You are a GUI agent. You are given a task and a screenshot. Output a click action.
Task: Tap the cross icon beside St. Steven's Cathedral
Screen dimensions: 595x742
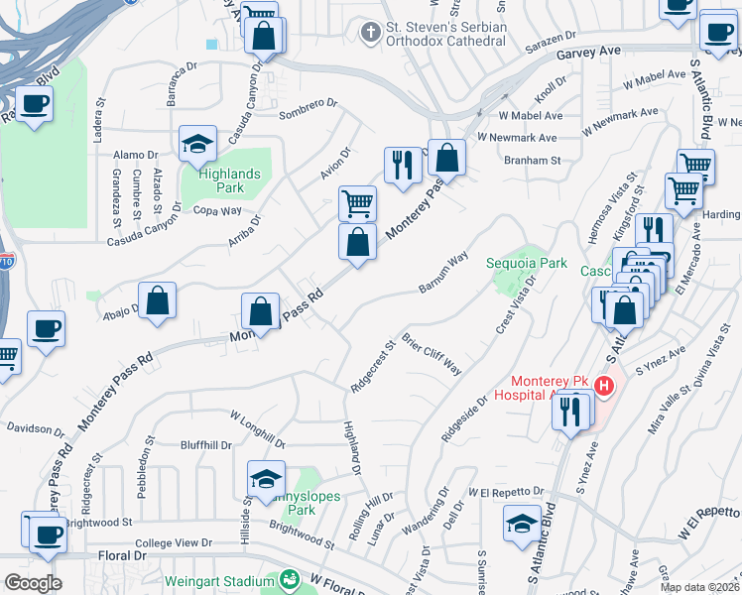pyautogui.click(x=370, y=33)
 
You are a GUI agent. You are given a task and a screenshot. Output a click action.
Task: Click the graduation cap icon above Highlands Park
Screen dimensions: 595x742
pyautogui.click(x=197, y=145)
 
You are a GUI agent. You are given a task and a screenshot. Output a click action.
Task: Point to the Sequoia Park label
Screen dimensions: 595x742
pyautogui.click(x=526, y=263)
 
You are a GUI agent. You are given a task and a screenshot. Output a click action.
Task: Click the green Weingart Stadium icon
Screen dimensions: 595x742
pyautogui.click(x=290, y=579)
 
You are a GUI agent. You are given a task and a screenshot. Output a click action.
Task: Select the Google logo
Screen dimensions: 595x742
pyautogui.click(x=33, y=582)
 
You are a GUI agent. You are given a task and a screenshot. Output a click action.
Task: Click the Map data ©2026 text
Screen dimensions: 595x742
pyautogui.click(x=698, y=587)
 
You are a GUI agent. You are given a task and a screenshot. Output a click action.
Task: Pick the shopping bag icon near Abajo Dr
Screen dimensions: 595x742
pyautogui.click(x=157, y=300)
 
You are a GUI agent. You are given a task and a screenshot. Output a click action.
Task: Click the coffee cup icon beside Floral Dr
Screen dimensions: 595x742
pyautogui.click(x=44, y=535)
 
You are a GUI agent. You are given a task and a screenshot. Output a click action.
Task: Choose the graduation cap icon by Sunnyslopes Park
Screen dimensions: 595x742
pyautogui.click(x=265, y=480)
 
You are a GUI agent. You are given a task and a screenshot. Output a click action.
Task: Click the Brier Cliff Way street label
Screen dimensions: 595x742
pyautogui.click(x=433, y=354)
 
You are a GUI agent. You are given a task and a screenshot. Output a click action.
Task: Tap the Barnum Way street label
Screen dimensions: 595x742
pyautogui.click(x=443, y=273)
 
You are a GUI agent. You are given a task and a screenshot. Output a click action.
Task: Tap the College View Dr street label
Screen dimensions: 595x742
pyautogui.click(x=174, y=542)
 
